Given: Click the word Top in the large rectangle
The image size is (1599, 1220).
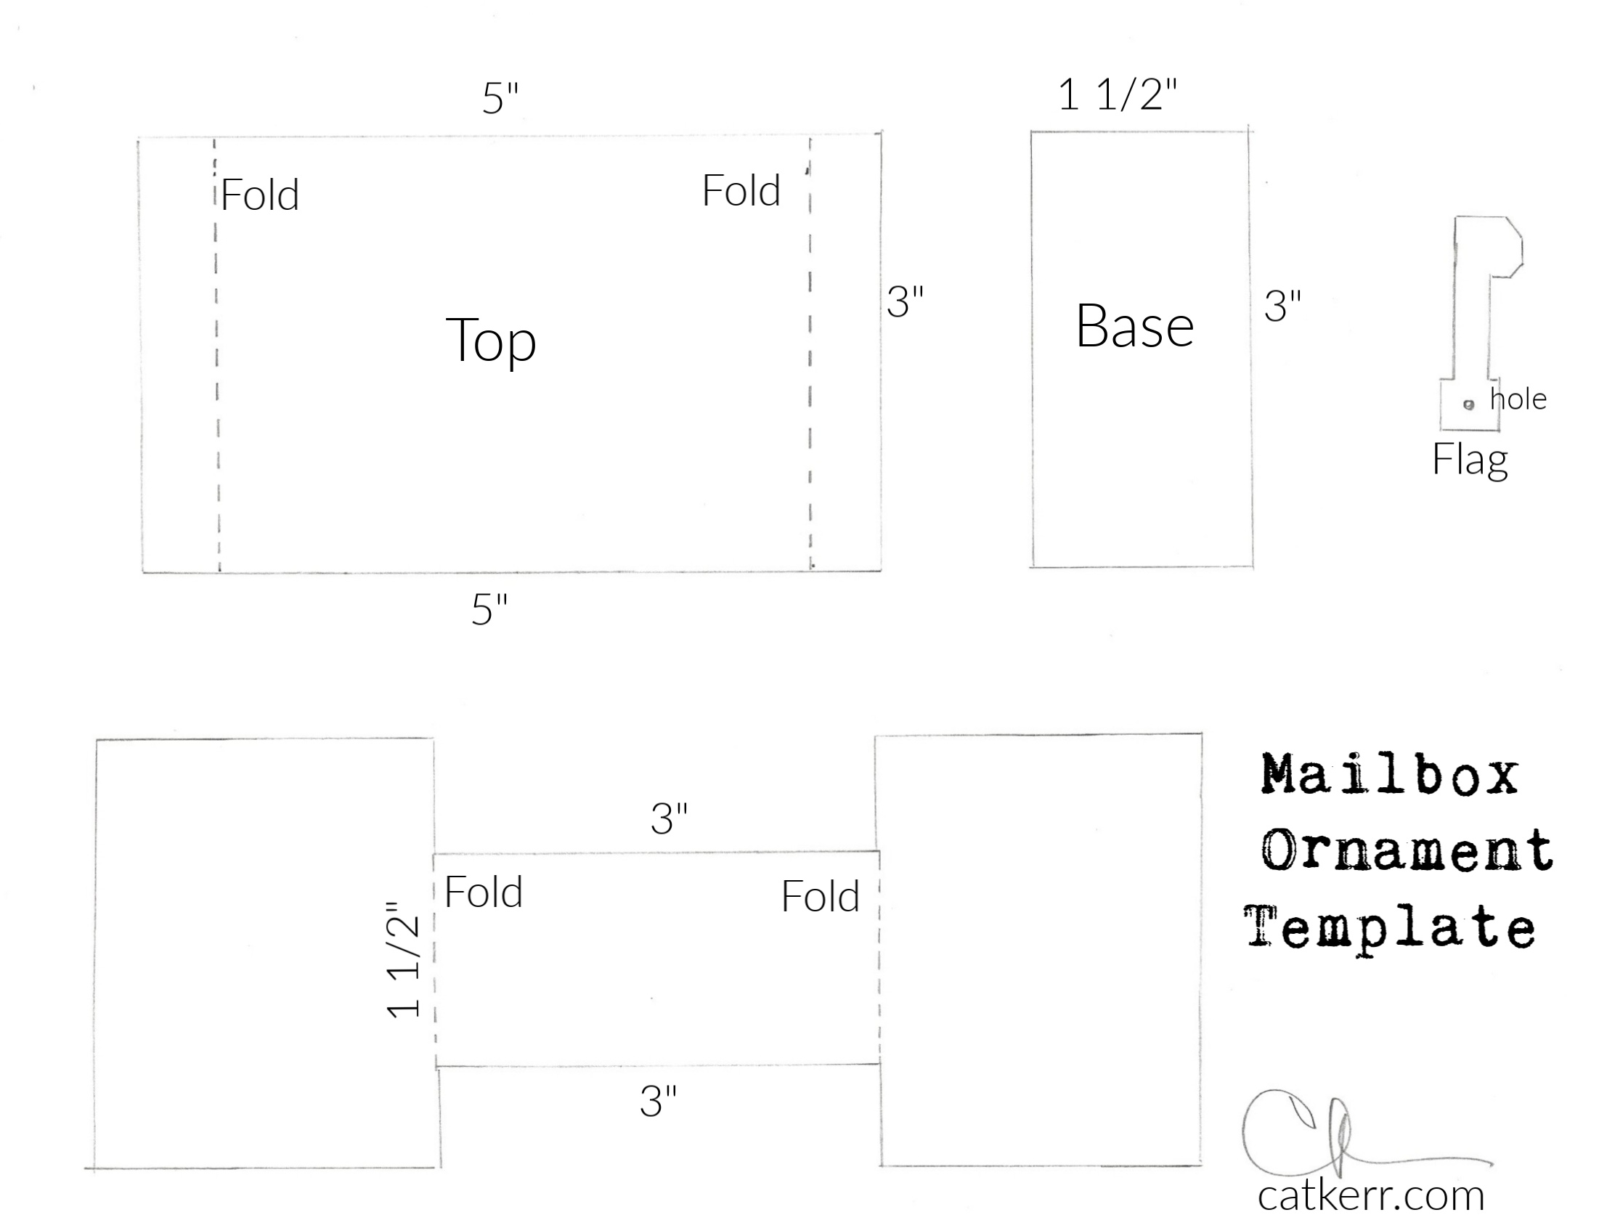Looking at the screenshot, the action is tap(491, 341).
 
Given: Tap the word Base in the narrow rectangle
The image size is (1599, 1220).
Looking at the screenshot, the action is tap(1135, 326).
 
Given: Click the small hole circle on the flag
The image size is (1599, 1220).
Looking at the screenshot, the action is tap(1469, 404).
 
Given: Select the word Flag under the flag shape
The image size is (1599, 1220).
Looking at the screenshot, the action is tap(1470, 460).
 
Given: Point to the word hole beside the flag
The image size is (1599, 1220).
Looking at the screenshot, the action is tap(1518, 399).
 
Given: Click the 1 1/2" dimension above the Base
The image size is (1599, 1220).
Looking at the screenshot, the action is tap(1118, 95).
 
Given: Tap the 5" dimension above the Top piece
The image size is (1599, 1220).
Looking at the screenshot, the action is tap(501, 98).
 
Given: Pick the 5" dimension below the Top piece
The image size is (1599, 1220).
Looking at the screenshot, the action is tap(490, 609).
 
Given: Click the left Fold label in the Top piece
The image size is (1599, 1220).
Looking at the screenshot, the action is tap(260, 195).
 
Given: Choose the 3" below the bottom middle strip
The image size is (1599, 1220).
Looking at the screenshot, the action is tap(659, 1101).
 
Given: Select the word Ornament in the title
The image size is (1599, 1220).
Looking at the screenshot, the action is tap(1407, 850).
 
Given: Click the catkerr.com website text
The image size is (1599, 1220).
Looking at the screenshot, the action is tap(1371, 1195).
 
